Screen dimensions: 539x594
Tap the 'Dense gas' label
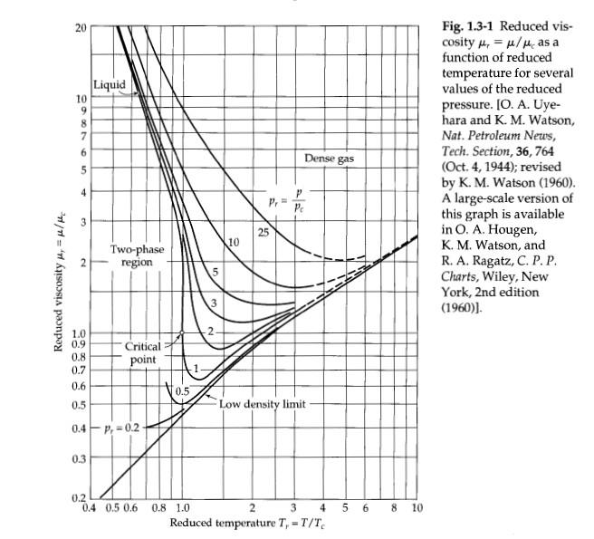click(330, 159)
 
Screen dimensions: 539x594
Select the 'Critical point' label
click(140, 352)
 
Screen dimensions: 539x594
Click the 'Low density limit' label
click(263, 403)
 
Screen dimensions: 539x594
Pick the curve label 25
click(263, 233)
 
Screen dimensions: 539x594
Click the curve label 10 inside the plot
click(234, 242)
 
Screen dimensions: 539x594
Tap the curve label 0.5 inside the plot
click(182, 391)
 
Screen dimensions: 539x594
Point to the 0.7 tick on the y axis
click(80, 369)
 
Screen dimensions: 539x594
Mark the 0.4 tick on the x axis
click(88, 509)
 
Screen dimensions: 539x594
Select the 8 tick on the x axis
click(394, 509)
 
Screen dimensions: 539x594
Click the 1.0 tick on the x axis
click(182, 509)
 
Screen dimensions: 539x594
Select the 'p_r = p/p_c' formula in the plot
click(291, 202)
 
